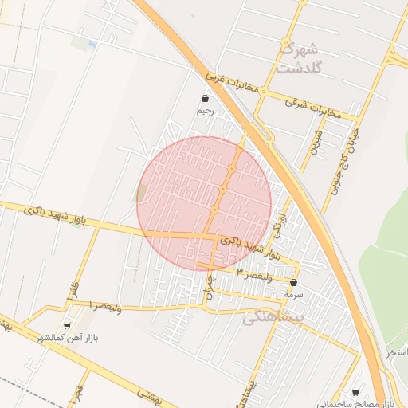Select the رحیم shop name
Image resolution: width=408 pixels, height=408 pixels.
click(206, 112)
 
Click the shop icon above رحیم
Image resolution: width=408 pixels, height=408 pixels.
click(206, 98)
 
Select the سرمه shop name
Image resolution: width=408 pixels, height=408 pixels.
click(294, 294)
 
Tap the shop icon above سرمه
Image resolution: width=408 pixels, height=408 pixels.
click(294, 282)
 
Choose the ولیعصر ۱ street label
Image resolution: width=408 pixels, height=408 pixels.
click(104, 305)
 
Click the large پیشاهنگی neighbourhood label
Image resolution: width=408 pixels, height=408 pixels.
click(273, 317)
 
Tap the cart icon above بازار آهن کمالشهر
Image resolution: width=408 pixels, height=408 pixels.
click(67, 325)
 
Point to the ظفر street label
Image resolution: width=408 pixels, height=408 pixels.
click(73, 283)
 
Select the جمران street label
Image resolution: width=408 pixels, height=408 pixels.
click(210, 287)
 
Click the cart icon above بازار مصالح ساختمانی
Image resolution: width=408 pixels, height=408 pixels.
click(355, 392)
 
